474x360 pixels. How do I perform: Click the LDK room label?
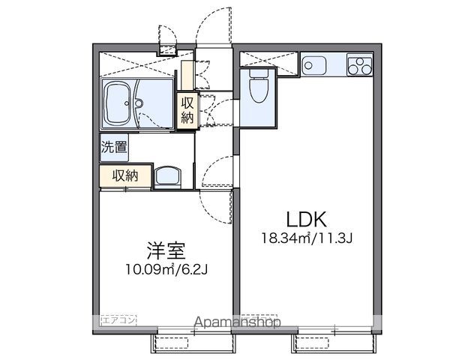click(x=306, y=220)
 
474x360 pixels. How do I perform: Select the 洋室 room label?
click(x=166, y=250)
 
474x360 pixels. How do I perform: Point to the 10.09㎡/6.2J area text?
click(x=166, y=267)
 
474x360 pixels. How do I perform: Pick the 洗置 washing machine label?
click(x=114, y=148)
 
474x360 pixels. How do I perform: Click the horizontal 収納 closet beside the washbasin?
click(x=124, y=175)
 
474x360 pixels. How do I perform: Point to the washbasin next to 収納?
click(x=167, y=177)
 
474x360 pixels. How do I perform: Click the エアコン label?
click(x=116, y=320)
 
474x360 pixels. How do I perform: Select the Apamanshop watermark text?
click(x=237, y=322)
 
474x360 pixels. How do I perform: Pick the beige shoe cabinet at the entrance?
click(x=185, y=71)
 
